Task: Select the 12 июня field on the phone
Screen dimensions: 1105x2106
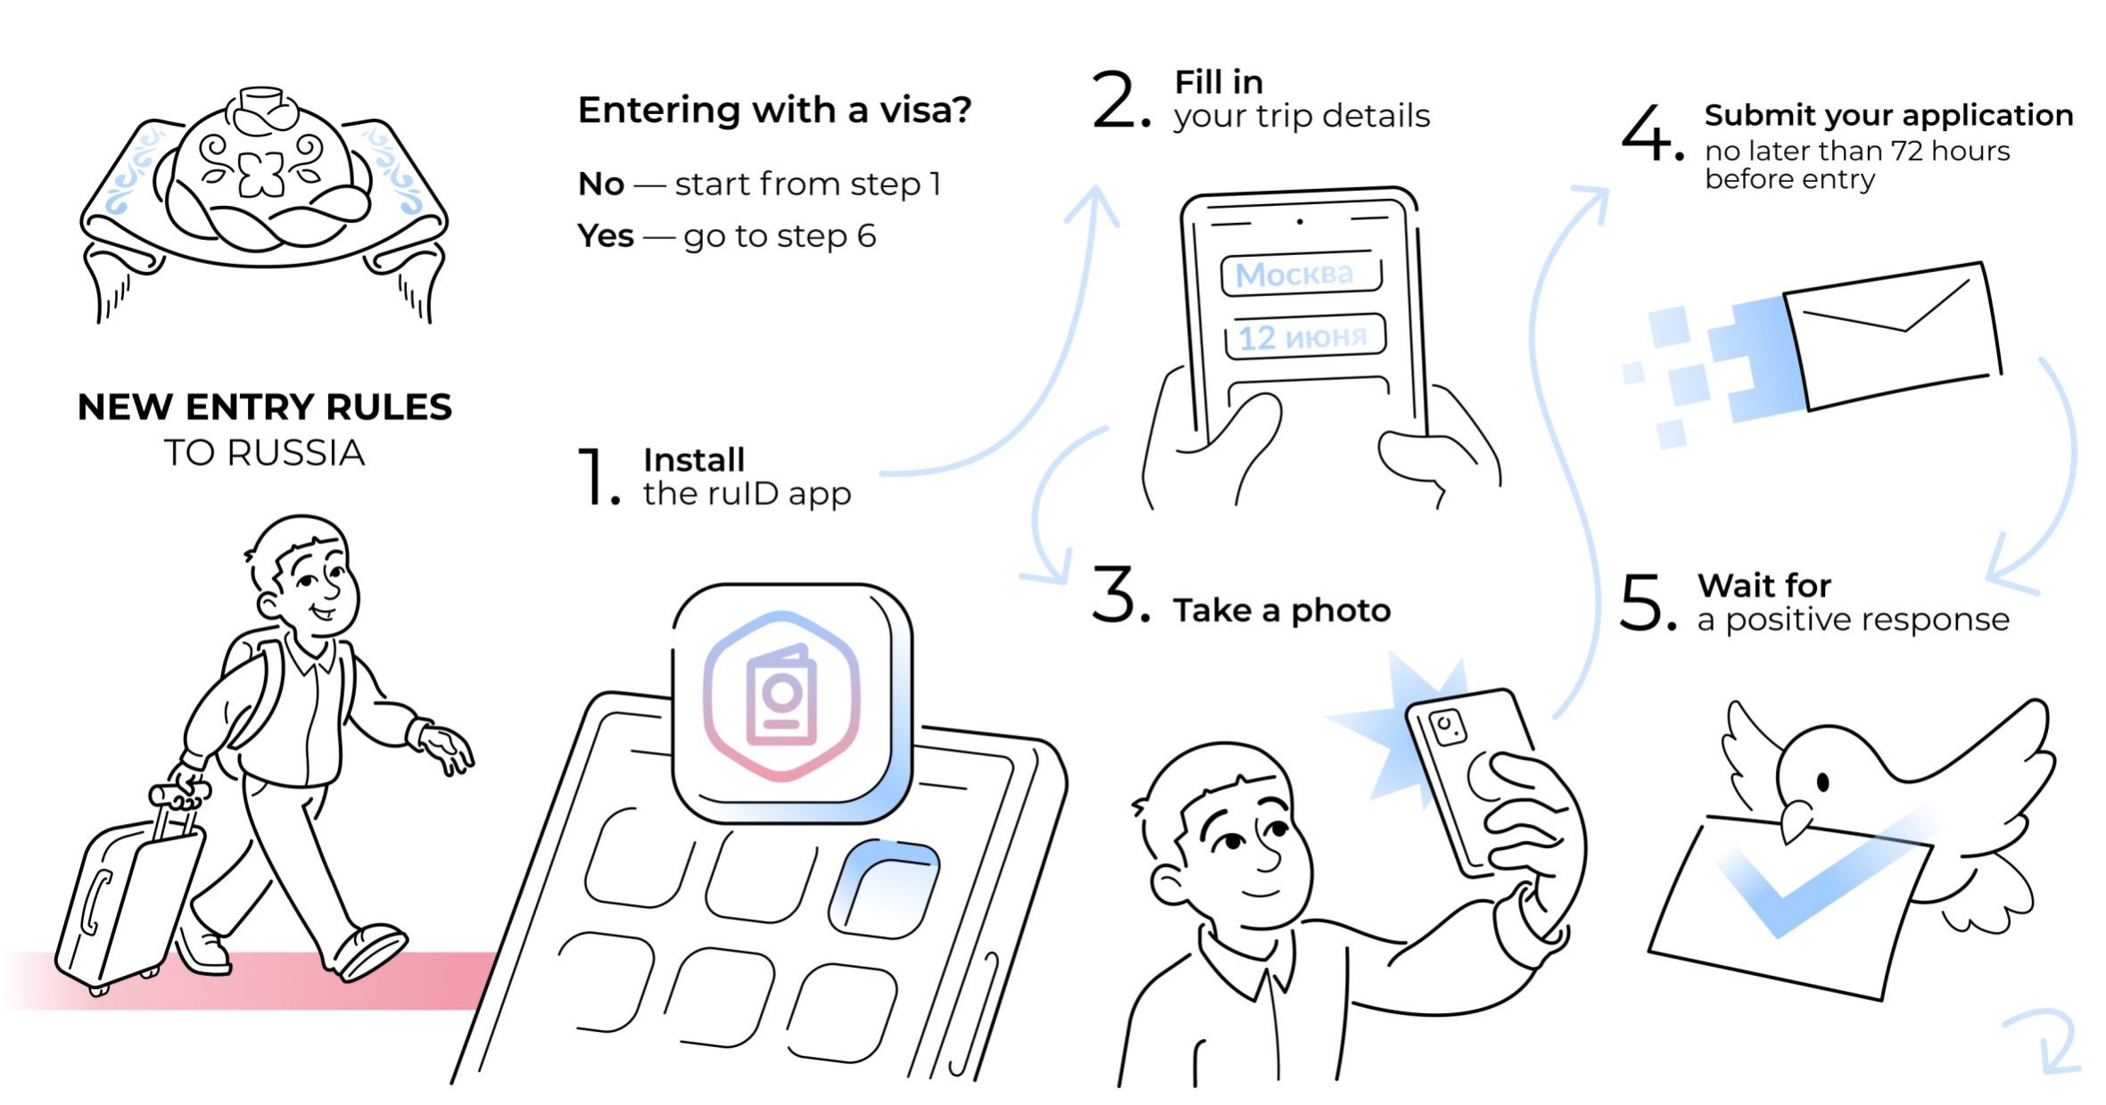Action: [x=1304, y=337]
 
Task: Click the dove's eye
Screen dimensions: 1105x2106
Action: [x=1823, y=782]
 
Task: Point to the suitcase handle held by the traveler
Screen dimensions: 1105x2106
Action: [x=178, y=794]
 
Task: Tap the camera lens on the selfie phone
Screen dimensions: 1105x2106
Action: [x=1447, y=726]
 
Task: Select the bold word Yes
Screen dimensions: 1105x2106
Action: [x=606, y=236]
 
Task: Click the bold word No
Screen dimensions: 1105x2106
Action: [x=600, y=185]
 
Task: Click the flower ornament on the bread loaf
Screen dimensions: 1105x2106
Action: [x=261, y=173]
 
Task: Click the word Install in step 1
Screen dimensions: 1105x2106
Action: [x=693, y=460]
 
